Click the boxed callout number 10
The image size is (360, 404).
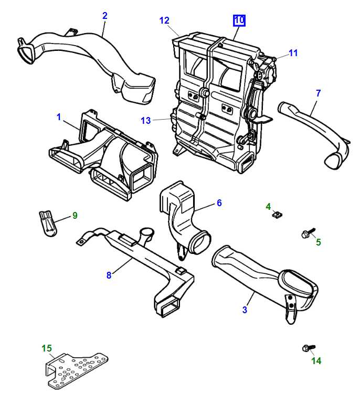(x=239, y=21)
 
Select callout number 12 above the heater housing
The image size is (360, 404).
(x=164, y=20)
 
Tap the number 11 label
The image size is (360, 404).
(x=293, y=53)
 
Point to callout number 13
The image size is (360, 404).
(x=145, y=121)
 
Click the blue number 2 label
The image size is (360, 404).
(x=104, y=16)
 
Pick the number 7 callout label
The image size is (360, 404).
(x=318, y=93)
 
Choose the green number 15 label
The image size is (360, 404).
(x=47, y=348)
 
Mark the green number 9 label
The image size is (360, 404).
(x=75, y=215)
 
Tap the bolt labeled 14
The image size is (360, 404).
(x=308, y=348)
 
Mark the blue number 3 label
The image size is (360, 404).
(x=245, y=310)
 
